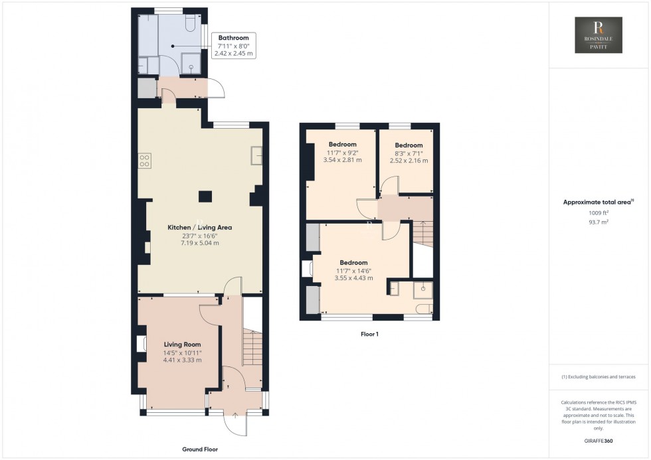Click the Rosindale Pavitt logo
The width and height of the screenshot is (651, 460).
click(x=598, y=35)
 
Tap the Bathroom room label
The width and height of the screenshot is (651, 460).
click(x=232, y=38)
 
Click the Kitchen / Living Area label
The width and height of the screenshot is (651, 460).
click(x=199, y=227)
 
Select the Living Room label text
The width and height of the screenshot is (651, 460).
click(x=182, y=345)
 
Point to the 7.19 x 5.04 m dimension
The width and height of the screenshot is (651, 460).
click(x=199, y=243)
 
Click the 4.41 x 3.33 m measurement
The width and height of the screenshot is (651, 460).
click(x=182, y=360)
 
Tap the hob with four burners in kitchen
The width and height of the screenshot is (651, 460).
click(x=143, y=160)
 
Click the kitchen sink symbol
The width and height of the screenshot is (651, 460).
click(x=256, y=155)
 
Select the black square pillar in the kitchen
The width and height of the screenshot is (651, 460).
click(x=206, y=196)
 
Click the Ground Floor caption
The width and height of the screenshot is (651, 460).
click(x=199, y=449)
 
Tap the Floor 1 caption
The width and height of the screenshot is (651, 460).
click(x=369, y=335)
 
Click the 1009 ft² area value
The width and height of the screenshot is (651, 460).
click(x=599, y=212)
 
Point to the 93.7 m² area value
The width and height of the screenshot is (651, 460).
click(x=599, y=222)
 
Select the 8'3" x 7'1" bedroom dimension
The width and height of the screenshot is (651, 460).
click(x=409, y=153)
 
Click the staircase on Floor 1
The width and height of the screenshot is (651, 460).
click(x=422, y=233)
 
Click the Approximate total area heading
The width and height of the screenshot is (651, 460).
click(x=598, y=202)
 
